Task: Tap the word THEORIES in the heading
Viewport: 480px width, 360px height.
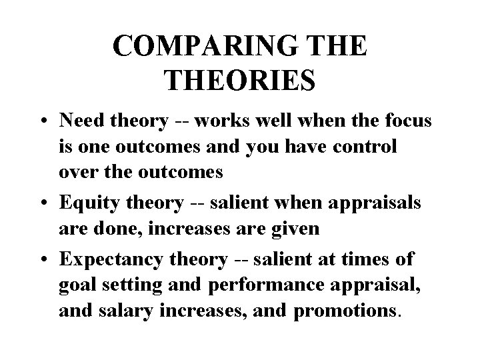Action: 239,81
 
